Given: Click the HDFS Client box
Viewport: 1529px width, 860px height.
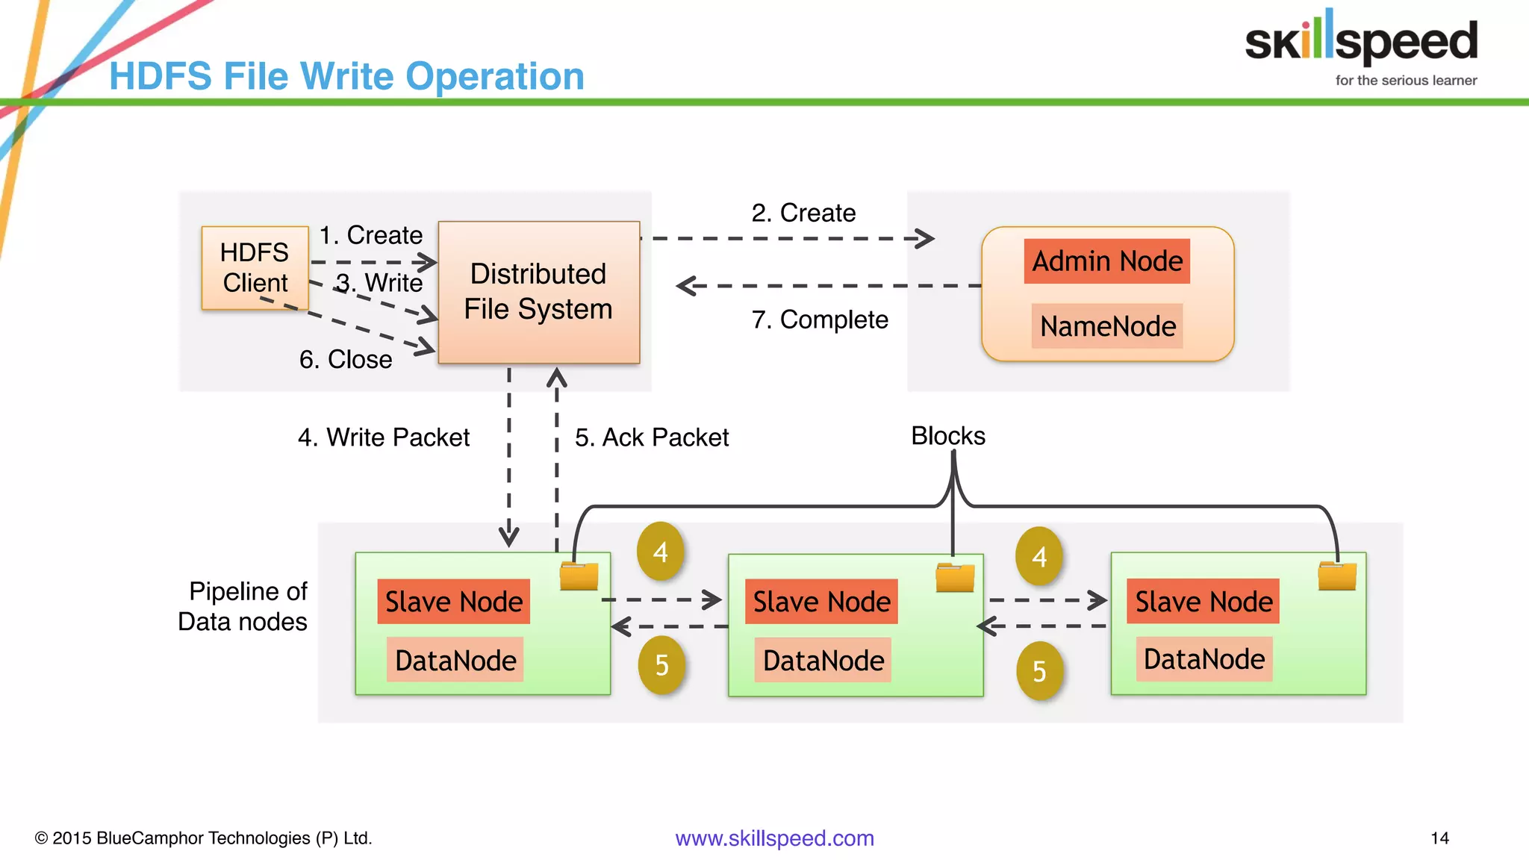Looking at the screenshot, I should coord(255,267).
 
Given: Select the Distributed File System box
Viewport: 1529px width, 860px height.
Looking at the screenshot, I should coord(538,292).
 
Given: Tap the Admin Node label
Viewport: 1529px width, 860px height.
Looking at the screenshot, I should coord(1106,261).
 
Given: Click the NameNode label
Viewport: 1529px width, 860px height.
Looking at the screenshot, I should coord(1107,326).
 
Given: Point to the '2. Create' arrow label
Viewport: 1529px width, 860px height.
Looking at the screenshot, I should coord(803,213).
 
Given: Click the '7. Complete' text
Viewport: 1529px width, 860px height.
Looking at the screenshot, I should coord(820,320).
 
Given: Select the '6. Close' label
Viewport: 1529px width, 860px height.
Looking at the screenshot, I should coord(346,360).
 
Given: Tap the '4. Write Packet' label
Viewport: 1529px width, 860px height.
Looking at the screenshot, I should coord(384,437).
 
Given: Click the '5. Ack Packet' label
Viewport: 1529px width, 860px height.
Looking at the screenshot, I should coord(652,437).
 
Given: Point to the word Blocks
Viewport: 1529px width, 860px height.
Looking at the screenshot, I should coord(948,436).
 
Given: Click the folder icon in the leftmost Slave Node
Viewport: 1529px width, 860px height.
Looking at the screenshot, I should coord(579,576).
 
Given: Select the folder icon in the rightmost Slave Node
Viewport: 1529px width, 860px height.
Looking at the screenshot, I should coord(1337,576).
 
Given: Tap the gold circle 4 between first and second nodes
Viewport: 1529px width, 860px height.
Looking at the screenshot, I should coord(661,552).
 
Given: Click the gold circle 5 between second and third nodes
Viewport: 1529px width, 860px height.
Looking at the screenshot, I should coord(1039,671).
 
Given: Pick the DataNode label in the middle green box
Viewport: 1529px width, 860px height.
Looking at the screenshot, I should coord(823,661).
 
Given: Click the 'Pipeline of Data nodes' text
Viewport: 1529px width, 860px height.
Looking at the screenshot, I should coord(244,606).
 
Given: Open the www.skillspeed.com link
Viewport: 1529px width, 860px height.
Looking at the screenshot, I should coord(774,838).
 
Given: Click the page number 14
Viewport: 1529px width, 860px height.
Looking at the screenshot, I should coord(1439,838).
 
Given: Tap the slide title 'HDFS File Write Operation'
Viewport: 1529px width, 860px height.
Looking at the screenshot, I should coord(346,76).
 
